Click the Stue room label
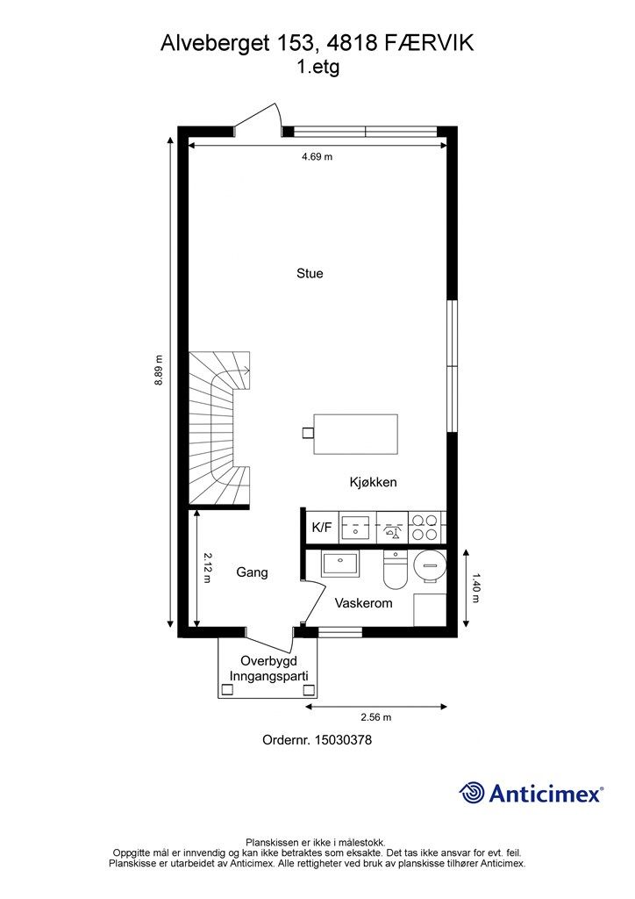click(310, 274)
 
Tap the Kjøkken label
click(373, 482)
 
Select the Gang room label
click(252, 572)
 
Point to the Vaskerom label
click(364, 603)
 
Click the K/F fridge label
click(322, 528)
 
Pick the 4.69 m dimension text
click(317, 156)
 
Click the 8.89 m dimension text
click(159, 370)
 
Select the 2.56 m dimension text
click(375, 716)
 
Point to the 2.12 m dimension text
click(207, 568)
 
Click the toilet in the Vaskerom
click(395, 570)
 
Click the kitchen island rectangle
click(355, 434)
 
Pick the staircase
click(220, 429)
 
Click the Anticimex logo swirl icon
click(473, 793)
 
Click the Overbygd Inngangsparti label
click(269, 668)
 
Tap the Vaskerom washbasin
click(339, 565)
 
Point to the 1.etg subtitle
click(317, 68)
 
